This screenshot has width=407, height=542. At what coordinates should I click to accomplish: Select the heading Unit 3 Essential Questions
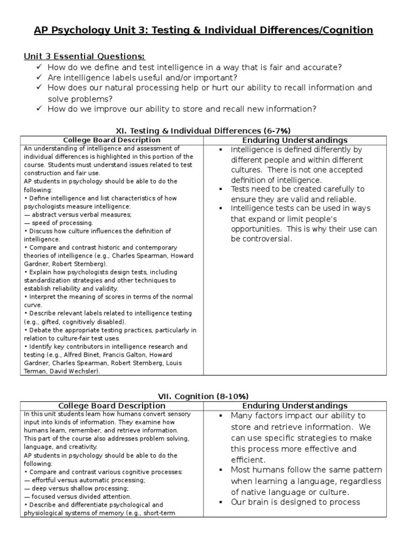tap(85, 57)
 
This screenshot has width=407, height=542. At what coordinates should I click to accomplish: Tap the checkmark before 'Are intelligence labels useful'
tap(39, 77)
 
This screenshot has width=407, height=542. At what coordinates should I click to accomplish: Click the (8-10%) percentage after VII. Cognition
tap(231, 396)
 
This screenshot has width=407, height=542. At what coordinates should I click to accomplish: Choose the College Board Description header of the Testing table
tap(111, 140)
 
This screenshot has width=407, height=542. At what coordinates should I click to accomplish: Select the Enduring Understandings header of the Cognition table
tap(295, 405)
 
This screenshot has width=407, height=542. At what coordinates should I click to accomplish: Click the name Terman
tap(36, 372)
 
